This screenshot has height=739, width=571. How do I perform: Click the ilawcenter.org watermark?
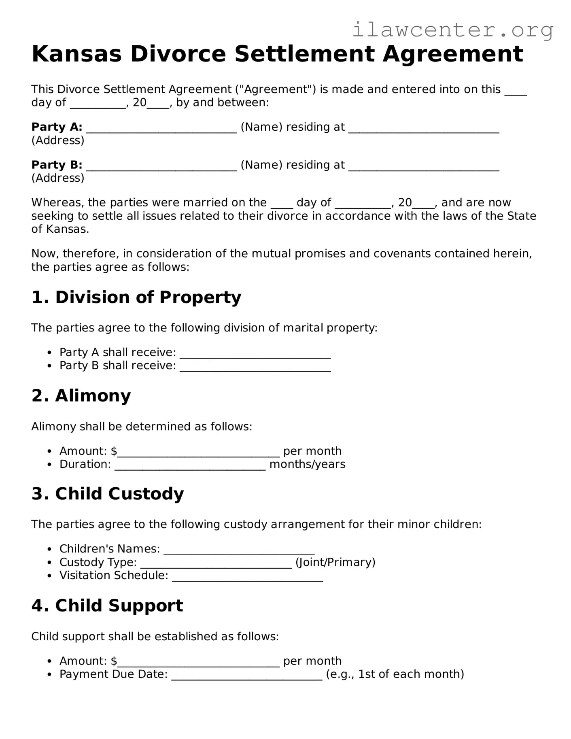tap(452, 30)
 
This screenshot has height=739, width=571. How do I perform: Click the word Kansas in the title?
tap(76, 54)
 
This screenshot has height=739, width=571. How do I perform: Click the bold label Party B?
tap(57, 165)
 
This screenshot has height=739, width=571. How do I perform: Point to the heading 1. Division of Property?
tap(136, 297)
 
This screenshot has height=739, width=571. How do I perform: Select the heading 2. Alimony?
tap(81, 396)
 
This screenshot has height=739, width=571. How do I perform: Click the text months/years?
tap(307, 464)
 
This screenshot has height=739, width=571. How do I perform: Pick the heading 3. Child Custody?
tap(107, 494)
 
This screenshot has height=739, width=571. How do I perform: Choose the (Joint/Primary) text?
tap(335, 562)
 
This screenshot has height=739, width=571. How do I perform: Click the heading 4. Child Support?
tap(107, 606)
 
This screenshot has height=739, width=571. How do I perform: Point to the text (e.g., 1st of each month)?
tap(395, 674)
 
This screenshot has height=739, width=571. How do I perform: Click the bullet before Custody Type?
tap(49, 563)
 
